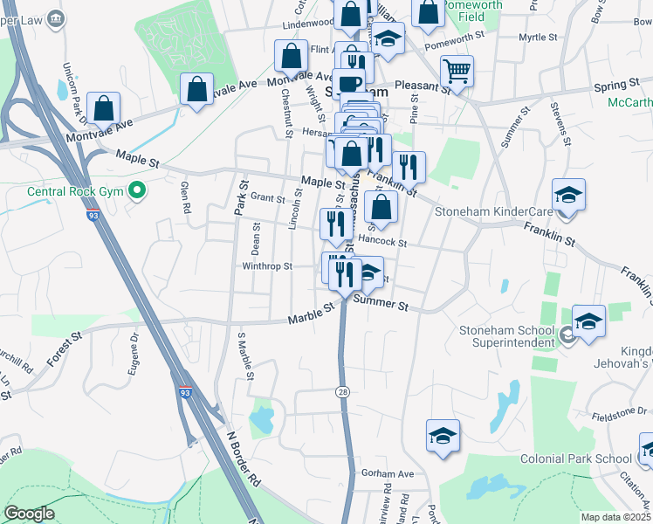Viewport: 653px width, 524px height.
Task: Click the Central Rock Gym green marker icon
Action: (x=137, y=190)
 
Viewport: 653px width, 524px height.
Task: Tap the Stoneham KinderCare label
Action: (x=505, y=211)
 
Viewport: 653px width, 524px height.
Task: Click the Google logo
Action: (x=28, y=514)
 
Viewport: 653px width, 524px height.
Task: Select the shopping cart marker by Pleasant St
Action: (x=457, y=70)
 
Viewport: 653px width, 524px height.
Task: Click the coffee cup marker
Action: (x=349, y=84)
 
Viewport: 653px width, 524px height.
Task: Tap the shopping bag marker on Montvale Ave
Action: (x=197, y=88)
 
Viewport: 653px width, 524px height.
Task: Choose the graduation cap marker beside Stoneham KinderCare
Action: (x=568, y=195)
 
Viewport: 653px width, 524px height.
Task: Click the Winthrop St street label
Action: (x=266, y=266)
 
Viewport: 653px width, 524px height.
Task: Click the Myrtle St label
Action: (x=538, y=38)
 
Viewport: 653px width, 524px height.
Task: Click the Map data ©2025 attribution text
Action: (x=616, y=517)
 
